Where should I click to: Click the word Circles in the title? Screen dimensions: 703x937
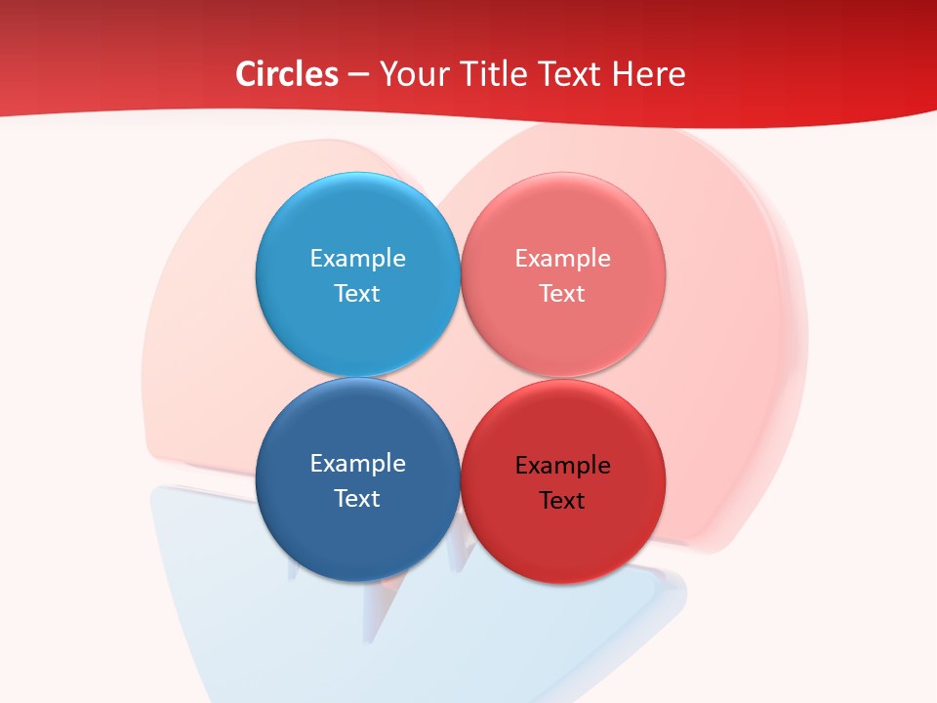286,74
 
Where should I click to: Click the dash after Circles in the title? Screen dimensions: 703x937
358,75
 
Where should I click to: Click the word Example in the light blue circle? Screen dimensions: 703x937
357,258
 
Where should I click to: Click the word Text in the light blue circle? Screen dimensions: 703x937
357,293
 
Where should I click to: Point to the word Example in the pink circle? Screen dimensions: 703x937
562,258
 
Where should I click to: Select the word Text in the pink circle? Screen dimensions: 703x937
562,293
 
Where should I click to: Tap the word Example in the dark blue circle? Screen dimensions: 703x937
357,463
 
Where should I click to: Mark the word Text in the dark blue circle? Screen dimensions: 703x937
357,498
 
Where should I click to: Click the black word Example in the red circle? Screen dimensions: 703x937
562,465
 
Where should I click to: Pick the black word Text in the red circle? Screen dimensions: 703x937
562,500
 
